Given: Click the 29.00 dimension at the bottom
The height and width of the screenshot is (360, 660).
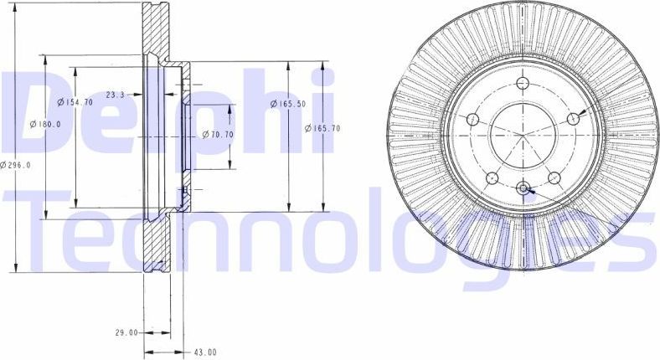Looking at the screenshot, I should pos(126,332).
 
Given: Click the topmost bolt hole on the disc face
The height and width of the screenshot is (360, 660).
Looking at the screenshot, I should pos(523,83).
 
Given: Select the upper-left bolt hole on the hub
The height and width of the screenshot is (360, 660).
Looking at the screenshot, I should pos(472,119).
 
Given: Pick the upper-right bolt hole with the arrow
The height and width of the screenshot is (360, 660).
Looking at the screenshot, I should pos(574,119).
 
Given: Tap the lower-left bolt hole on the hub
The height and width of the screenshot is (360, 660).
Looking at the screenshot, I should pos(492,177).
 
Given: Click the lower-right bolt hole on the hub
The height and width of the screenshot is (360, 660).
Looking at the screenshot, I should pos(554,177).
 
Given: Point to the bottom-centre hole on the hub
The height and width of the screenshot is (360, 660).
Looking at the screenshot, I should pos(523,188).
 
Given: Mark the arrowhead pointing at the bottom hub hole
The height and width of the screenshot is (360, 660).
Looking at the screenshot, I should pos(530,192).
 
